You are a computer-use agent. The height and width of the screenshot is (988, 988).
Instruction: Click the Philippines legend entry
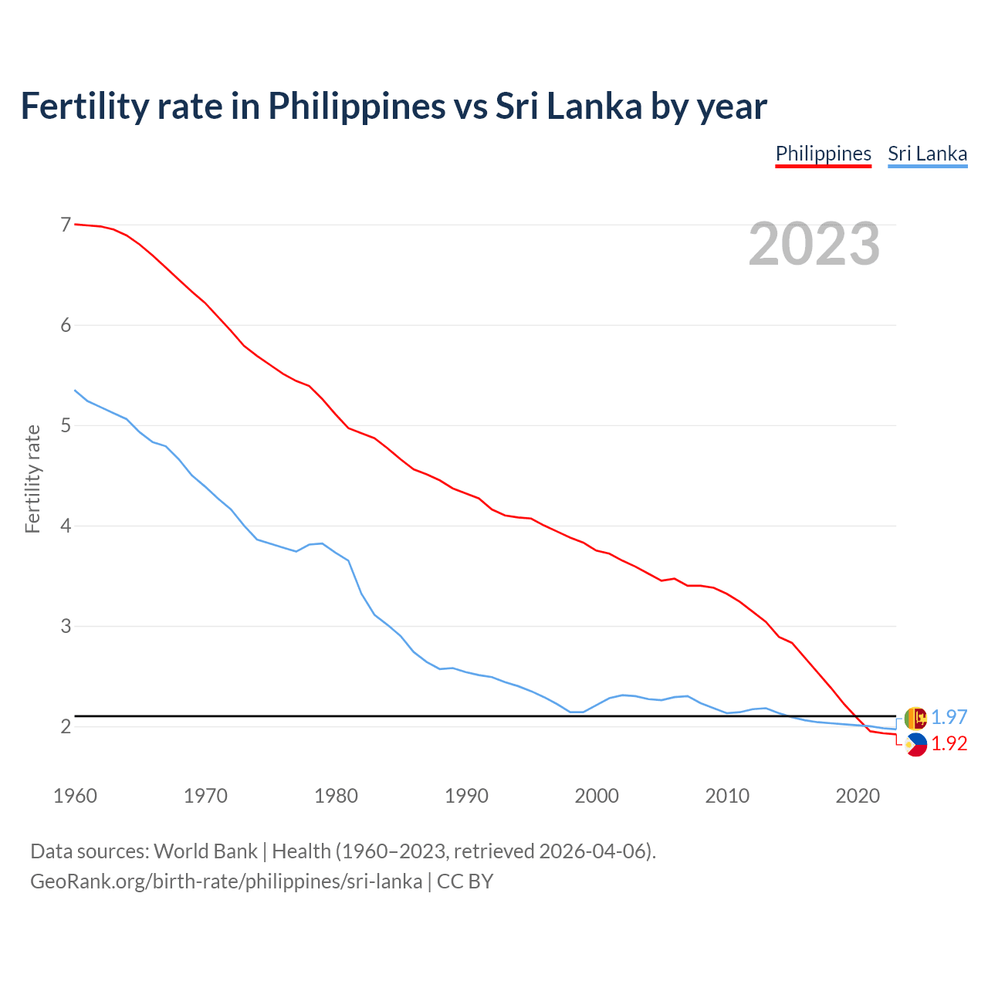[823, 154]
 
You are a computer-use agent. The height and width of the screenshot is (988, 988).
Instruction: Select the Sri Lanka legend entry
[927, 154]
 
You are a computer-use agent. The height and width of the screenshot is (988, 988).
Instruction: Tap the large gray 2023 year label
[814, 244]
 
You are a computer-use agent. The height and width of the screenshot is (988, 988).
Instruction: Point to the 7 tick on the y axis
[66, 225]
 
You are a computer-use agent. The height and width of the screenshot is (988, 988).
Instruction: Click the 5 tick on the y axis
[66, 425]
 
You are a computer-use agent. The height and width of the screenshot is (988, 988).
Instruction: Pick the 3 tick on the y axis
[66, 626]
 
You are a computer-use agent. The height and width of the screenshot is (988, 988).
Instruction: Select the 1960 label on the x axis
[75, 796]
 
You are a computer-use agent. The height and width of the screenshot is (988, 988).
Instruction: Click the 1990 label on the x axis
[466, 796]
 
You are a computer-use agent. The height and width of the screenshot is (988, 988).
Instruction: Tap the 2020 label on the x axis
[858, 796]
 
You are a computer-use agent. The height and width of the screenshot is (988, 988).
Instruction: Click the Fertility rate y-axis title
[32, 479]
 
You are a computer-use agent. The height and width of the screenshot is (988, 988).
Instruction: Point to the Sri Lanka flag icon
[915, 718]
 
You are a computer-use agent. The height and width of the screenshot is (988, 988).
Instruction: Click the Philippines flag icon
[915, 745]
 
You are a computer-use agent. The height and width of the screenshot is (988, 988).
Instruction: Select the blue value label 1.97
[949, 717]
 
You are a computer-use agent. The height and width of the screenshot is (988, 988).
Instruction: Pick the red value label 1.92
[949, 743]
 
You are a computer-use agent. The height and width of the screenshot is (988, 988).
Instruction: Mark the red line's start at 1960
[75, 224]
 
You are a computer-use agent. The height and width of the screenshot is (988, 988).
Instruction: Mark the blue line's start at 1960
[75, 391]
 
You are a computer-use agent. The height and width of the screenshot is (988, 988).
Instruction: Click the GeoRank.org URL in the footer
[225, 881]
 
